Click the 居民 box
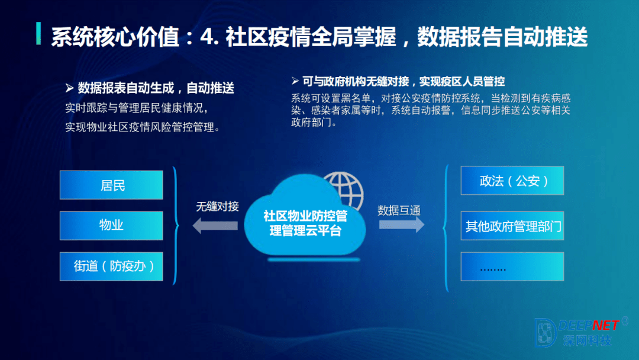(x=111, y=185)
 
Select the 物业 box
(x=111, y=226)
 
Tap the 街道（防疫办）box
(x=111, y=266)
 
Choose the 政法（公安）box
(x=512, y=180)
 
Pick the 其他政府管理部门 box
(x=512, y=226)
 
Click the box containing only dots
(x=512, y=266)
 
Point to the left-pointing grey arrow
(x=215, y=226)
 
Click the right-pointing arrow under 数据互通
(x=402, y=224)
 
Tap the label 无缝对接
(x=217, y=207)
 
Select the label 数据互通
(x=399, y=210)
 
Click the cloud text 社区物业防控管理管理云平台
(x=305, y=223)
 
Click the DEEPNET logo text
(x=589, y=325)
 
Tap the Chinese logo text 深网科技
(x=588, y=340)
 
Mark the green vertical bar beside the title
(x=38, y=33)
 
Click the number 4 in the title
(x=206, y=37)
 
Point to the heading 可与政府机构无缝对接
(x=356, y=82)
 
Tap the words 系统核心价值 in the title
(x=115, y=37)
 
